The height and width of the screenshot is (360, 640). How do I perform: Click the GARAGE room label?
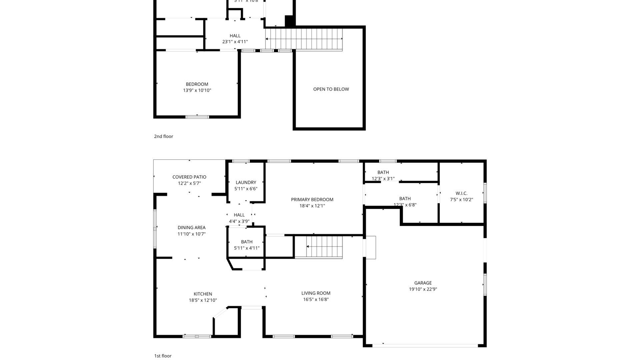(x=423, y=283)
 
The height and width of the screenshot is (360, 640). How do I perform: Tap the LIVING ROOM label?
(x=316, y=293)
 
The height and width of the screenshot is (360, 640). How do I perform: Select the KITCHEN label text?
(x=203, y=294)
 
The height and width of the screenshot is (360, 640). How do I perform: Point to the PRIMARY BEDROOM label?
(x=312, y=200)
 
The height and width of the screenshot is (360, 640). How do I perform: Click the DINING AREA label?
(x=191, y=228)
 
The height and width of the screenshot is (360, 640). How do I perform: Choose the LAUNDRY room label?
(x=246, y=182)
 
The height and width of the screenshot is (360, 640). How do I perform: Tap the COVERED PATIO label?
(x=189, y=177)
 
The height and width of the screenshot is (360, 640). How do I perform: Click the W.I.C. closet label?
(x=461, y=193)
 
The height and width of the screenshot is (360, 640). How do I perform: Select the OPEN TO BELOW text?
(x=331, y=89)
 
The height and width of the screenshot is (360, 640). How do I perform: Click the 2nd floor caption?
(x=163, y=136)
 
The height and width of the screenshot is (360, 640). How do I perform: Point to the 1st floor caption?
(x=163, y=356)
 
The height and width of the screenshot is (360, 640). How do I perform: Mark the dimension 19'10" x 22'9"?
(x=423, y=289)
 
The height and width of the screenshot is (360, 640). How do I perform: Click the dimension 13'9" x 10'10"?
(x=197, y=90)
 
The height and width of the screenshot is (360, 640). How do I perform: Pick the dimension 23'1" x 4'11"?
(x=235, y=42)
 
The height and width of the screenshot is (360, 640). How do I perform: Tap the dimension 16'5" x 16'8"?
(x=316, y=299)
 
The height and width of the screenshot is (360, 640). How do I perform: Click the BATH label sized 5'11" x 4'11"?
(x=247, y=242)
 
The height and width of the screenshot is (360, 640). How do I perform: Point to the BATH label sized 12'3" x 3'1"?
(x=383, y=172)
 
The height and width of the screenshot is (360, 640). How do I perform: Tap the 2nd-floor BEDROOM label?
(x=197, y=84)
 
